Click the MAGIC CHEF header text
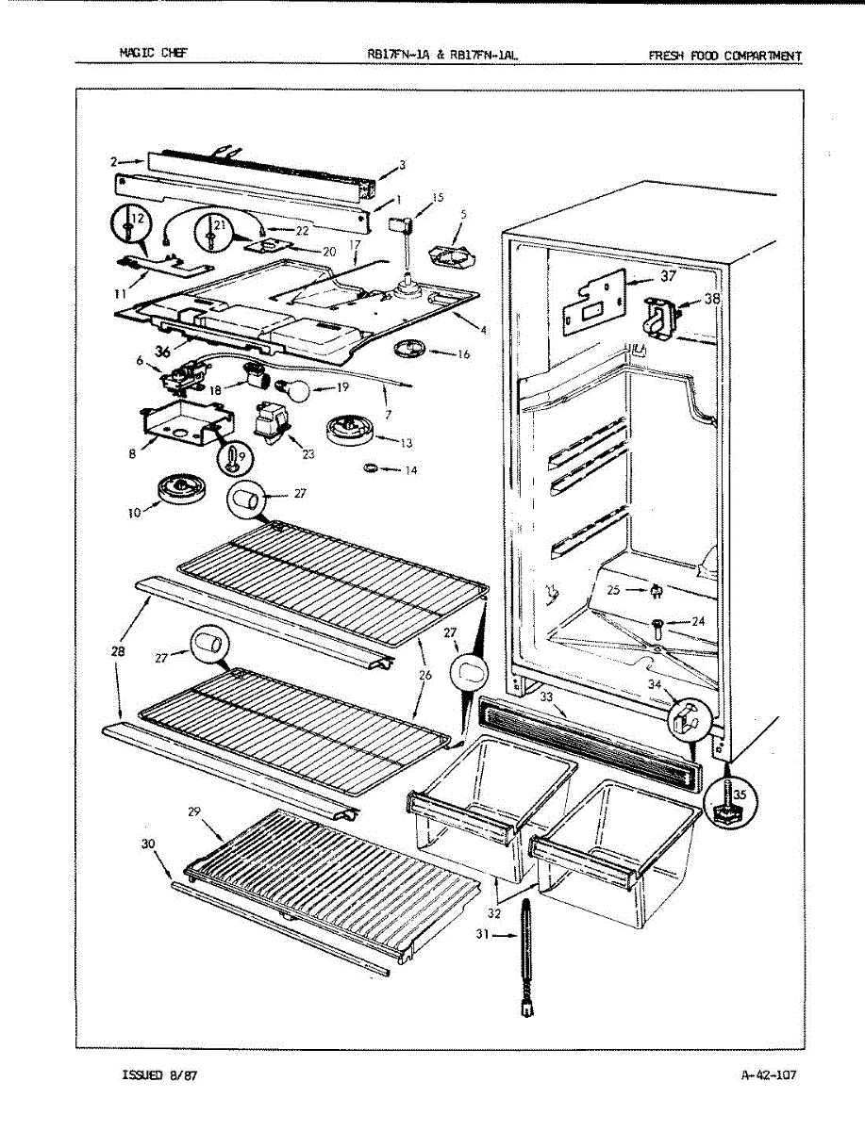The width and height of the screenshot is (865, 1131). pyautogui.click(x=153, y=54)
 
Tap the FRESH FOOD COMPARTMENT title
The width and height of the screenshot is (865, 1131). pyautogui.click(x=724, y=56)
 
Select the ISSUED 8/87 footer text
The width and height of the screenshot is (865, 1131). pyautogui.click(x=154, y=1074)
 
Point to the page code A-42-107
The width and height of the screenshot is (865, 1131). pyautogui.click(x=769, y=1074)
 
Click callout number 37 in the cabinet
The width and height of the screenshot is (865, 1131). pyautogui.click(x=668, y=276)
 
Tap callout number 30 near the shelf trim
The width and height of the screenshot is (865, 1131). pyautogui.click(x=148, y=844)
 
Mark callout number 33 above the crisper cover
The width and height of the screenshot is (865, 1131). pyautogui.click(x=547, y=697)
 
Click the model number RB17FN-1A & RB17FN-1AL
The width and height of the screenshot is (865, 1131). pyautogui.click(x=442, y=55)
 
